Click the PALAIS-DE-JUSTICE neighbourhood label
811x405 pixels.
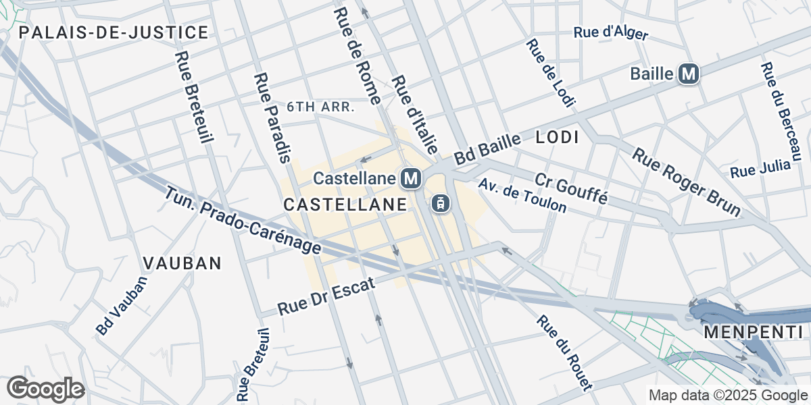(x=114, y=32)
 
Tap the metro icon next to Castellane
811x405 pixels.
(x=411, y=179)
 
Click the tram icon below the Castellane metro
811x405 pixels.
(x=440, y=202)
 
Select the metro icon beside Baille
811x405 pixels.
(x=688, y=73)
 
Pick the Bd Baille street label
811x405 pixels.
(x=487, y=149)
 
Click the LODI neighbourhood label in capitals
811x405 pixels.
(x=557, y=138)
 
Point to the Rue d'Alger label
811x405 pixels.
(x=610, y=33)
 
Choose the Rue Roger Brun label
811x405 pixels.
(x=686, y=182)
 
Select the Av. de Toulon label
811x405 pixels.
(x=522, y=196)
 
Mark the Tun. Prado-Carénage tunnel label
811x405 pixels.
(x=243, y=221)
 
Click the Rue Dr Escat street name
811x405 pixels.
(x=326, y=298)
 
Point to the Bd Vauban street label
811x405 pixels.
(x=121, y=305)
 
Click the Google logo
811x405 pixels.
(x=45, y=389)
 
